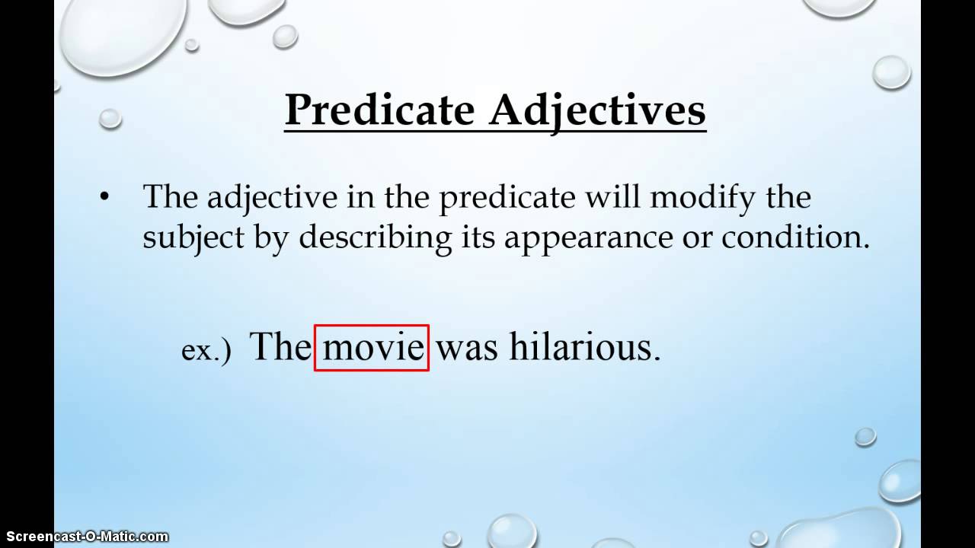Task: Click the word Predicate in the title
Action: (379, 111)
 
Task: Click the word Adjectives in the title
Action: (597, 111)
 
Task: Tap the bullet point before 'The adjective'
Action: (104, 197)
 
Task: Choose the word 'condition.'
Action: (795, 237)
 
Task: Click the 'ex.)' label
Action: (206, 351)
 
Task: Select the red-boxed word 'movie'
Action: (372, 347)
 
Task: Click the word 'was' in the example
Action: (467, 347)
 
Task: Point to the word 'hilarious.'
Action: (584, 347)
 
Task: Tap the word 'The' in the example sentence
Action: (279, 347)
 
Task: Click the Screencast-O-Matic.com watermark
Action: (84, 537)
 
